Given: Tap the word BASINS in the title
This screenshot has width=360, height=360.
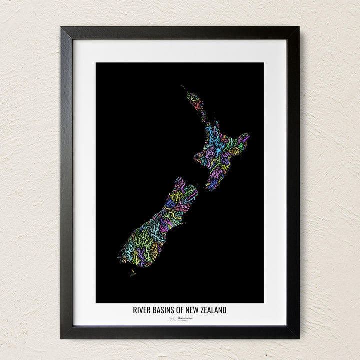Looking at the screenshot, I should tap(163, 310).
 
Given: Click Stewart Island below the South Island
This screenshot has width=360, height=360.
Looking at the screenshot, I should tap(132, 273).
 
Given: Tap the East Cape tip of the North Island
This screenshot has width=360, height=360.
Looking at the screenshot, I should tap(248, 134).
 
